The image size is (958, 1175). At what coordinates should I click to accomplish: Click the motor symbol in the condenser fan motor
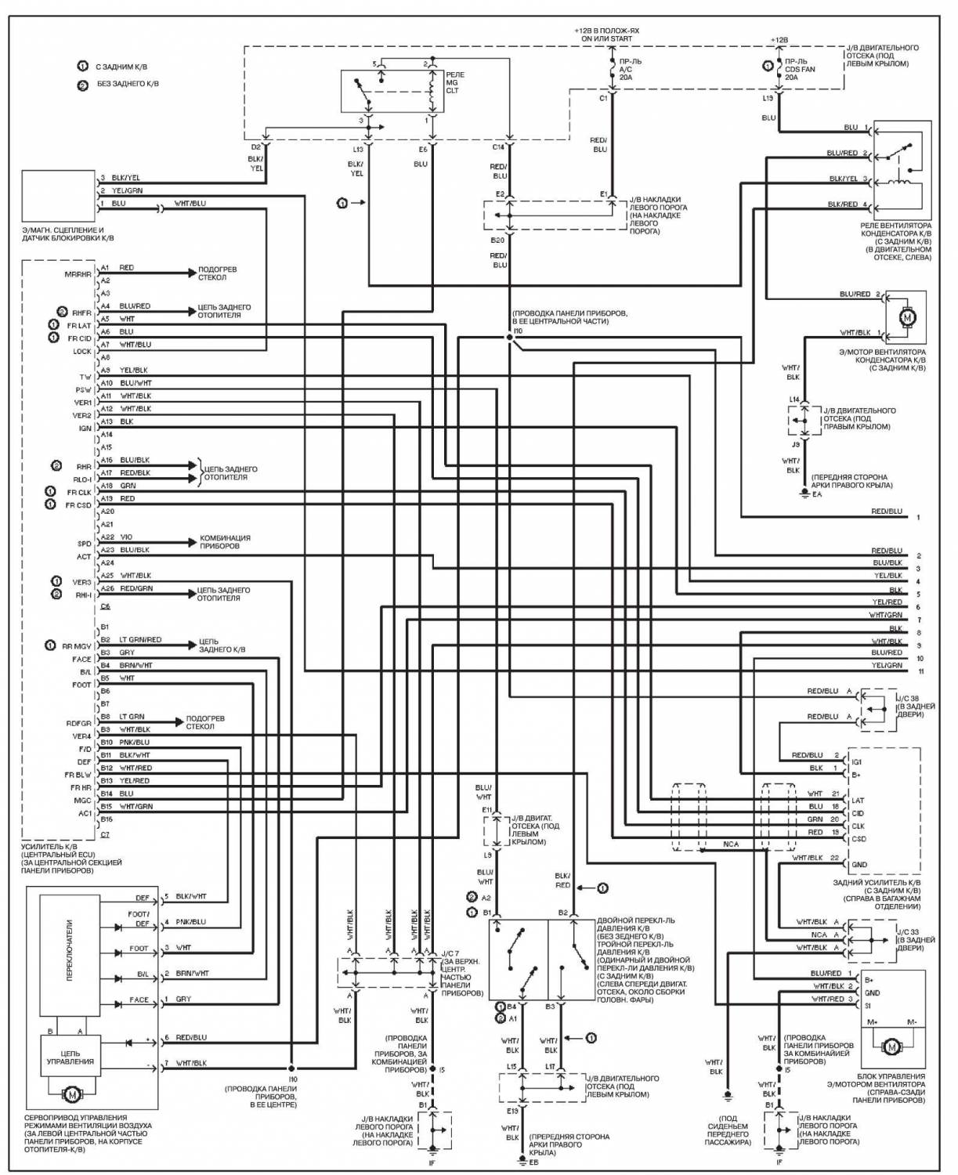coord(907,317)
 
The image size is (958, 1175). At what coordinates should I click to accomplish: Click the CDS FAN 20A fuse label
coord(800,69)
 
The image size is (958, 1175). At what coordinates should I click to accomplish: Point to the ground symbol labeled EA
coord(804,494)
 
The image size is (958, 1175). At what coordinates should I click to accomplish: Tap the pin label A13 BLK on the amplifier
coord(117,421)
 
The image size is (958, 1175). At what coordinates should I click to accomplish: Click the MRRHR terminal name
coord(79,274)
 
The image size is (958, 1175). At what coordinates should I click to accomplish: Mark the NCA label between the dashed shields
coord(730,844)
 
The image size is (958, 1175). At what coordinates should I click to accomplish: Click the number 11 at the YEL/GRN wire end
coord(920,672)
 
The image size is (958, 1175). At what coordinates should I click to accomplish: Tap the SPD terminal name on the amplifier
coord(84,544)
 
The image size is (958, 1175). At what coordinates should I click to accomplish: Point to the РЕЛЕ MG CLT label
coord(454,82)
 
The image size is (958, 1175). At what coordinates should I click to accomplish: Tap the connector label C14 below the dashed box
coord(498,146)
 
